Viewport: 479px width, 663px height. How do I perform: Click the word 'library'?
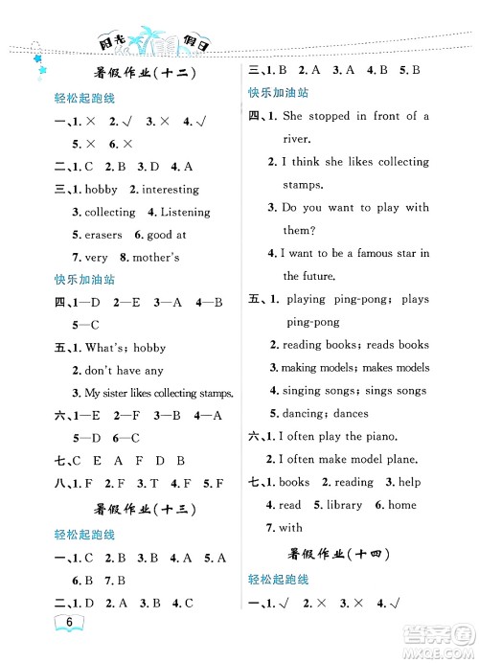click(344, 505)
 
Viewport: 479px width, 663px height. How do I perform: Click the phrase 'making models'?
click(317, 367)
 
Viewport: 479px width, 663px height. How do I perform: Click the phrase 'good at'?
click(168, 235)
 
